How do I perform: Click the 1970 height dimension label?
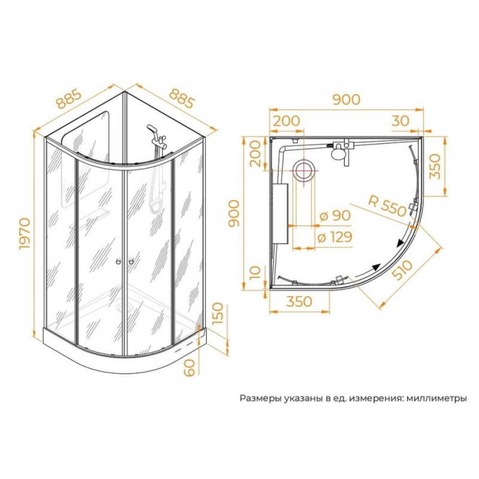coord(25,234)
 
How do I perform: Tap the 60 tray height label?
coord(189,368)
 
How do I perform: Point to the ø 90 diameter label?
coord(335,216)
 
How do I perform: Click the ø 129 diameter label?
coord(335,237)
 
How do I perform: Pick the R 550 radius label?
coord(387,205)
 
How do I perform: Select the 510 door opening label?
coord(402,271)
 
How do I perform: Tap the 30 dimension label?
coord(400,121)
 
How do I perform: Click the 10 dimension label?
coord(255,273)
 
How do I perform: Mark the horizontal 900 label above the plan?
coord(347,99)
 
